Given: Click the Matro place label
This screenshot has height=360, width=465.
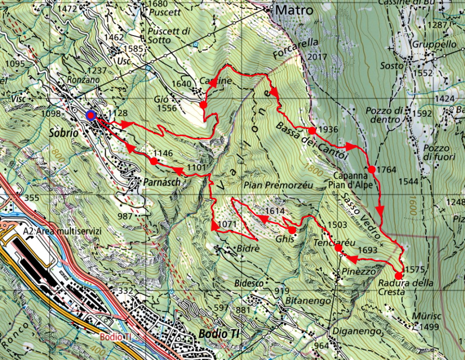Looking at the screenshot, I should coord(295,10).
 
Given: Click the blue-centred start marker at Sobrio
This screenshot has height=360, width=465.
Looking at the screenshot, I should coord(91,115).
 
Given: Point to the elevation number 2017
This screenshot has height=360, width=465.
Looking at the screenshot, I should coord(317,57).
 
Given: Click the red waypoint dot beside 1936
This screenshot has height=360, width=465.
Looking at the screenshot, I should coord(312,131).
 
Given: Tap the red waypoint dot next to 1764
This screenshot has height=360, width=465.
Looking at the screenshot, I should coord(371,169).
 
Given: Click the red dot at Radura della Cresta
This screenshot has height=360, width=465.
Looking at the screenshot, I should coord(398,276).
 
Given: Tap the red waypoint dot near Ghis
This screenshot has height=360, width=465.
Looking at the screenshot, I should coord(292,230).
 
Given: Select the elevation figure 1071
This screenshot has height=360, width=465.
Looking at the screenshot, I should coord(227,225).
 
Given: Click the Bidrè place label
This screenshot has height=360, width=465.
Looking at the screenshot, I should coord(247,250).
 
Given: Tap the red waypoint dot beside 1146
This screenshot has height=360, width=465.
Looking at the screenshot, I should coord(154,162).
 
